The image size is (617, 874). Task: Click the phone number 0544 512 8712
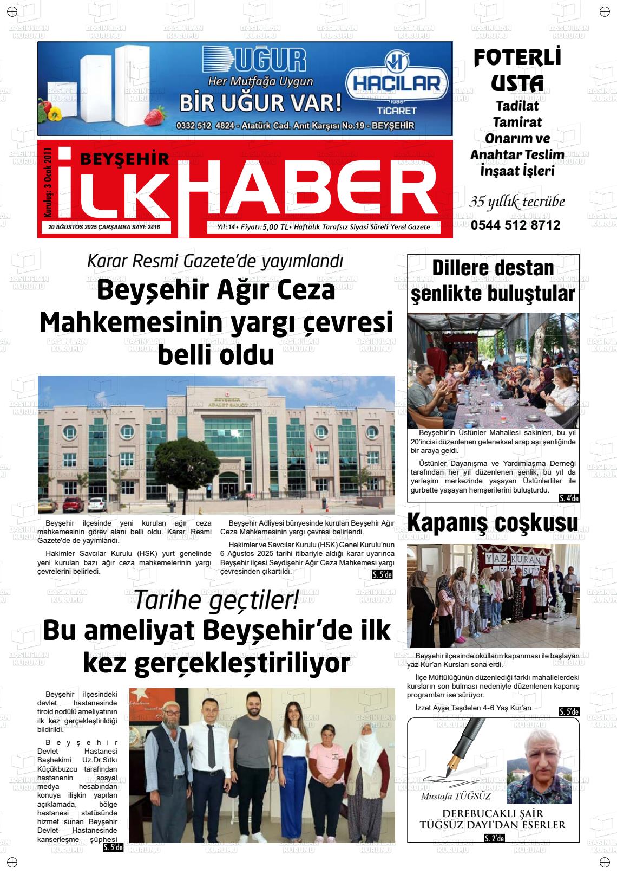(x=515, y=225)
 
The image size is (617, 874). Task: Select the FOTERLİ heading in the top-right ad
(x=517, y=58)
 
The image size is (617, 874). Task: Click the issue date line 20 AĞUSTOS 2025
(x=106, y=228)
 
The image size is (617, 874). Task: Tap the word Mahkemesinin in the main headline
(x=132, y=323)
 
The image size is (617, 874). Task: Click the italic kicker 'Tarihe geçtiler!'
(x=216, y=600)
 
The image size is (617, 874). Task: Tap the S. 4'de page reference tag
(x=569, y=498)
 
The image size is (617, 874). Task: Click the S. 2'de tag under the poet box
(x=494, y=839)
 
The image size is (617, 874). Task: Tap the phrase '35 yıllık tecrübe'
(x=517, y=202)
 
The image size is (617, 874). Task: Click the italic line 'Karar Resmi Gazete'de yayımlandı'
(x=215, y=261)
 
